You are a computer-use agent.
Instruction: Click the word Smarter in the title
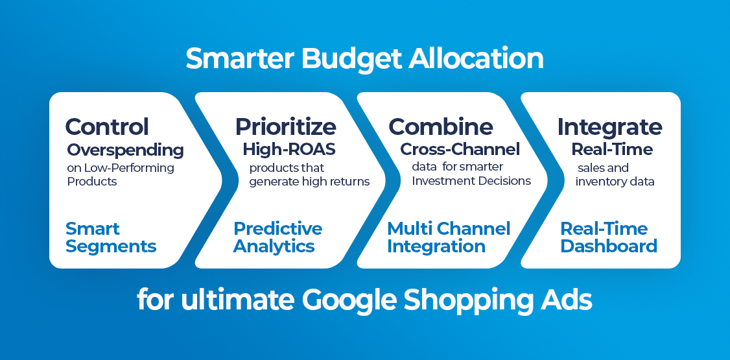(240, 58)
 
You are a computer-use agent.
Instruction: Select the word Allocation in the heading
(477, 58)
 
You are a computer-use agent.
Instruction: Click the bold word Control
(107, 126)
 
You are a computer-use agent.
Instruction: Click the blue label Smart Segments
(111, 237)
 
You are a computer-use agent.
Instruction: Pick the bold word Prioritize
(285, 127)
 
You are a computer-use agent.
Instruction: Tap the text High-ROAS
(289, 149)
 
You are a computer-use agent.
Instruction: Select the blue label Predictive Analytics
(278, 237)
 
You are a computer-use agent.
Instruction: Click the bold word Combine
(441, 126)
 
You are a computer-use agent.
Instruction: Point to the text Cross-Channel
(460, 149)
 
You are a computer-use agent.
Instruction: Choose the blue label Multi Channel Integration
(449, 237)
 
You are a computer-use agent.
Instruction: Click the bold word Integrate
(610, 127)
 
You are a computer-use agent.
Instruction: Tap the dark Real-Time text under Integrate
(612, 149)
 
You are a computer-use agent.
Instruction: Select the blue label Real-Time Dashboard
(609, 237)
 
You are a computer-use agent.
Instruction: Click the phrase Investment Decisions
(471, 181)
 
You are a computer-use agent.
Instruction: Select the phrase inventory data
(615, 182)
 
